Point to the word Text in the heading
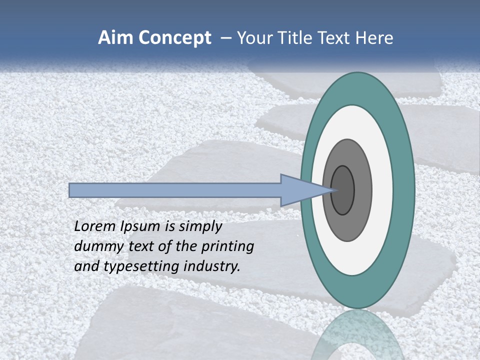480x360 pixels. (335, 38)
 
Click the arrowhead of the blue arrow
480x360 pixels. (300, 190)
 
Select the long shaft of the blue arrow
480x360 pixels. (175, 190)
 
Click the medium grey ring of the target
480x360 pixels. (362, 190)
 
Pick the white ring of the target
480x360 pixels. (382, 190)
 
